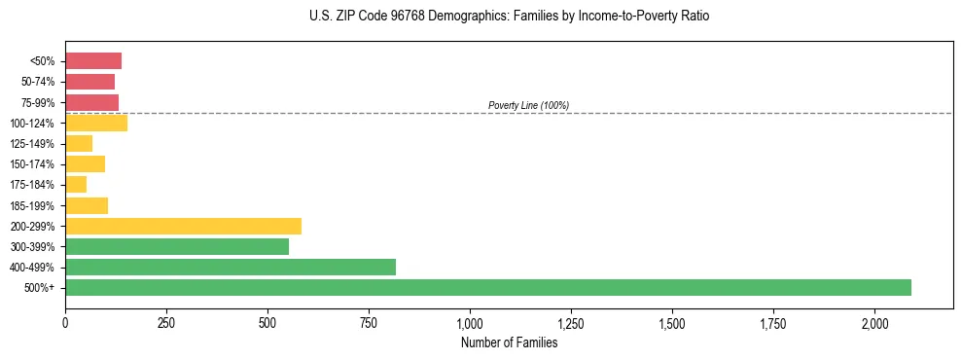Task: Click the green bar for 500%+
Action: [487, 287]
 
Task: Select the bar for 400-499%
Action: [231, 267]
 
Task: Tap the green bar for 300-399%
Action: [177, 246]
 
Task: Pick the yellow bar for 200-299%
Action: [183, 226]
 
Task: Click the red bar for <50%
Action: [93, 61]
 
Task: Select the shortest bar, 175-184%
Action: [76, 185]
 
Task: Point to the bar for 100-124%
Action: [96, 123]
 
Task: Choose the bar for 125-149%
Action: [79, 144]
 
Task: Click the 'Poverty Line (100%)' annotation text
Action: [528, 105]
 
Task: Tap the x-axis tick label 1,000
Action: [470, 323]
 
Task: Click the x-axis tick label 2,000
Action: [874, 323]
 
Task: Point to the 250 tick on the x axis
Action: [166, 323]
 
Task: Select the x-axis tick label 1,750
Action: [773, 323]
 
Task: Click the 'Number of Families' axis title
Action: [509, 342]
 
